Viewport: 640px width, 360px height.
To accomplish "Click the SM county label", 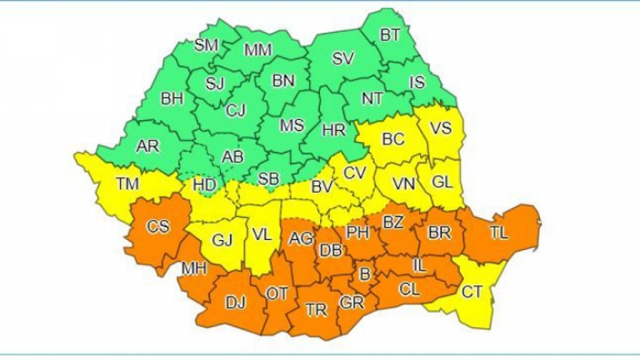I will point(205,45).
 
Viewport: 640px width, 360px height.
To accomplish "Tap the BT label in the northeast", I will point(391,35).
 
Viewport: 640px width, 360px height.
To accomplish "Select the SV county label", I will point(342,59).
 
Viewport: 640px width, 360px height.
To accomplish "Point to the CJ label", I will point(235,110).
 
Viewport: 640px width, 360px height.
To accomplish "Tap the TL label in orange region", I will point(499,233).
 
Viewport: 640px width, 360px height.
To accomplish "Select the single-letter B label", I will point(364,274).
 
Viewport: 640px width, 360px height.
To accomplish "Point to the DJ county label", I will point(235,303).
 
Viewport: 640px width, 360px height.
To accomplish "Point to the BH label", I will point(171,99).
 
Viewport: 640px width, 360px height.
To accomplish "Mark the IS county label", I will point(417,83).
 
